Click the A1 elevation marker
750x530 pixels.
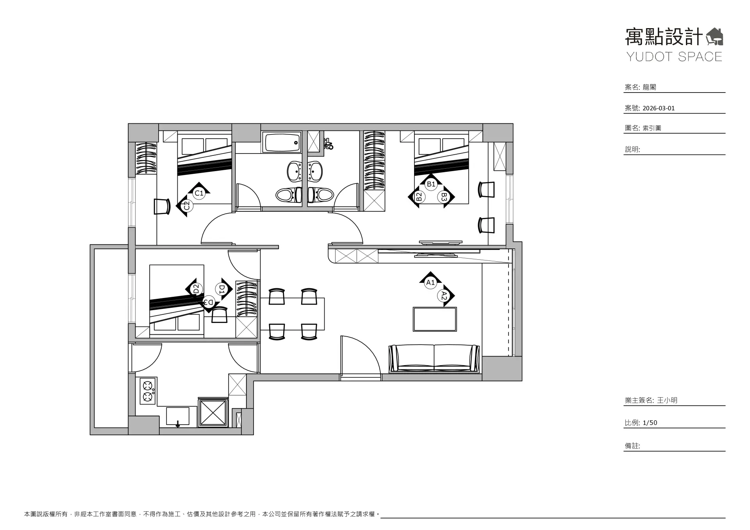coord(430,280)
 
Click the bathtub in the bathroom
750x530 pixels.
coord(281,142)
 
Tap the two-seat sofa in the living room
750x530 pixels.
coord(434,359)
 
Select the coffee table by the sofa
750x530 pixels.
coord(435,319)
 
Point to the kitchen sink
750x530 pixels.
coord(178,417)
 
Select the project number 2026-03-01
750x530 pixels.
coord(659,108)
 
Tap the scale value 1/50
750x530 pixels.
coord(650,423)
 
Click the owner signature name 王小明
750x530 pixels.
coord(667,400)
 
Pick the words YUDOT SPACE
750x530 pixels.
coord(675,57)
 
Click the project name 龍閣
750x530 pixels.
coord(649,87)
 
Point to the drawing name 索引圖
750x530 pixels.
coord(652,128)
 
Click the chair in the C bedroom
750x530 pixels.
coord(162,206)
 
